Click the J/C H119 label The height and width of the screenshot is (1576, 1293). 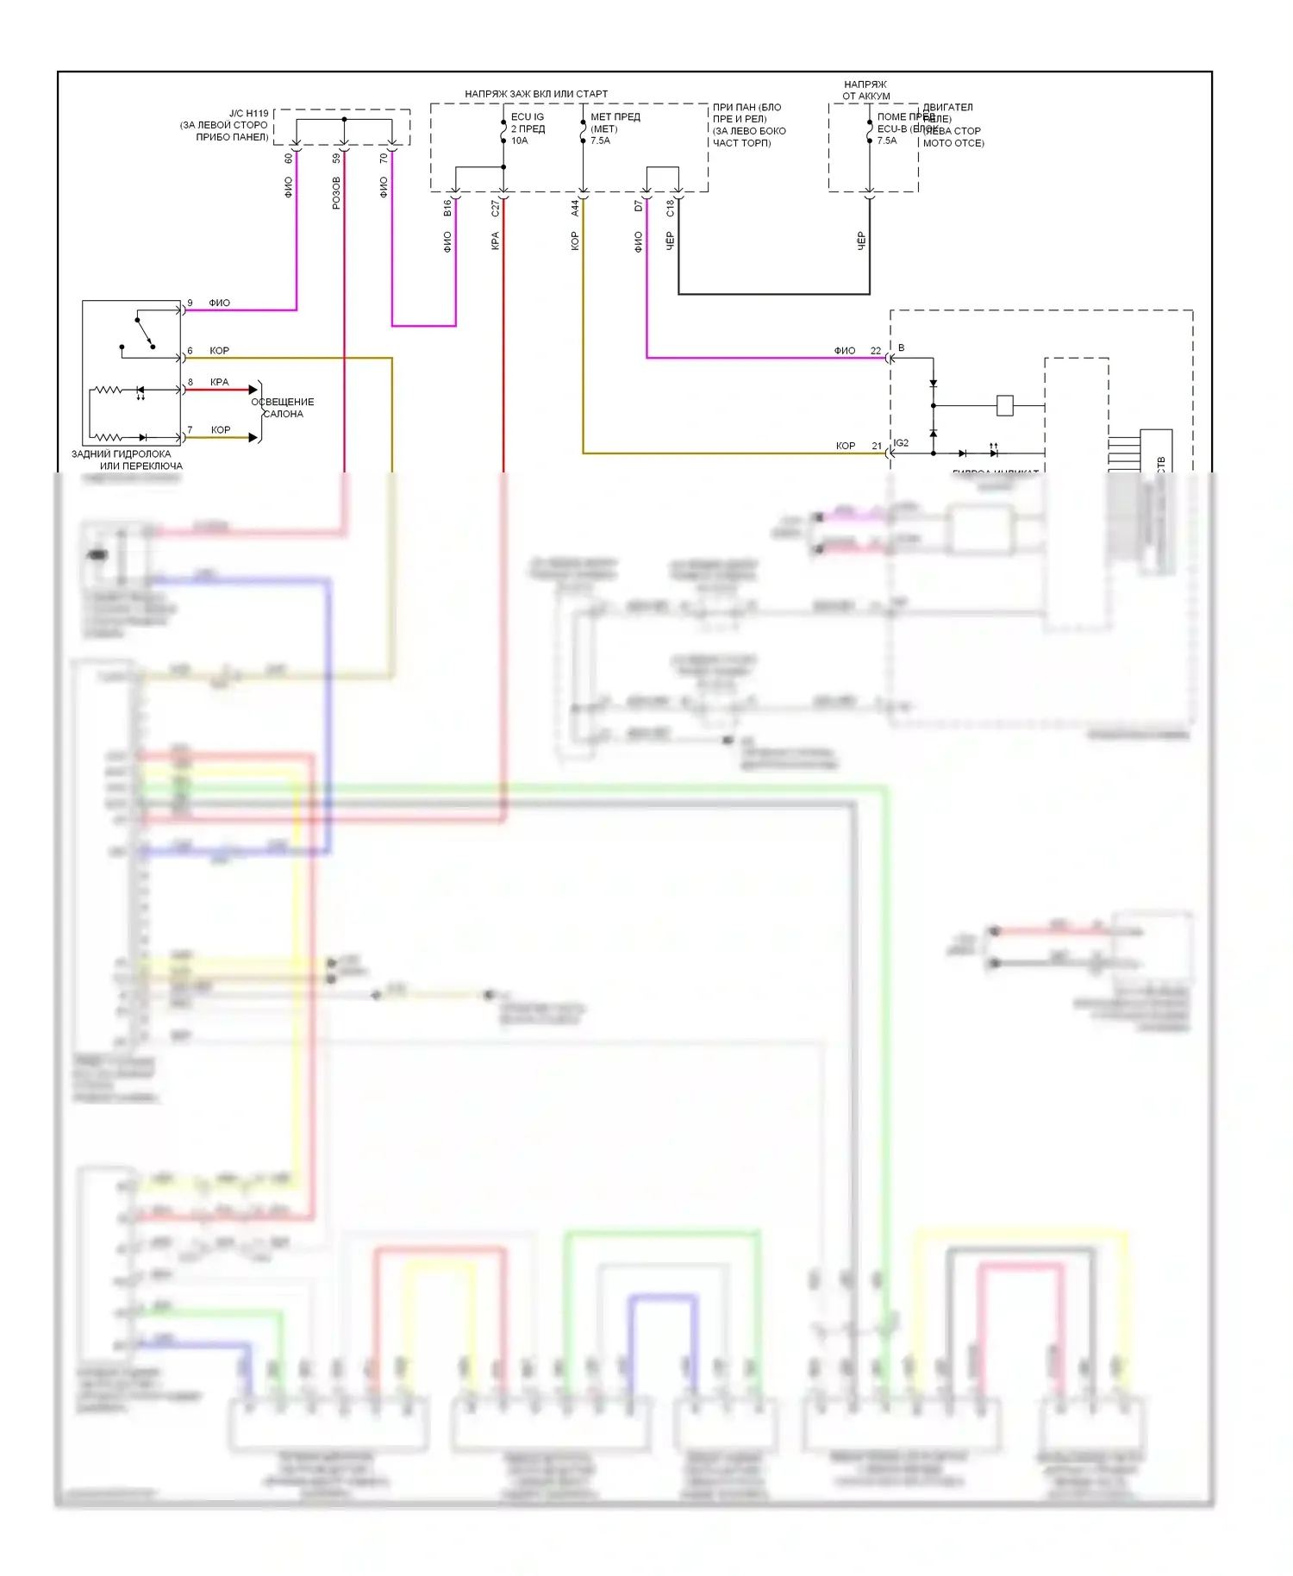click(248, 113)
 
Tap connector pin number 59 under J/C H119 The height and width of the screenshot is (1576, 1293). click(336, 159)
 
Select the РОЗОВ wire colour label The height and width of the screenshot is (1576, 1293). click(336, 192)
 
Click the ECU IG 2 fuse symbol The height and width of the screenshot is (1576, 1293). click(503, 129)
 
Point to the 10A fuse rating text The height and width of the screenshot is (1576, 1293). click(519, 141)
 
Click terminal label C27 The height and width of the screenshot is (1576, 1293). click(495, 208)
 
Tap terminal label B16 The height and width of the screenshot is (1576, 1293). click(447, 208)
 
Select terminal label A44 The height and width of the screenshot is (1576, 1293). click(574, 208)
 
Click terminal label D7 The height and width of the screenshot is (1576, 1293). click(638, 206)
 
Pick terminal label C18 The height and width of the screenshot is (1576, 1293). click(670, 208)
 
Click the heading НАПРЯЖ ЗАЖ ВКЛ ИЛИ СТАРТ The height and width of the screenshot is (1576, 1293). click(535, 93)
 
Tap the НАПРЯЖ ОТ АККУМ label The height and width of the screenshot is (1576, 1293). click(865, 90)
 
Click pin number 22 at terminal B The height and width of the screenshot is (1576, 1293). click(875, 350)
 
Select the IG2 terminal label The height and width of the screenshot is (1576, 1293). click(901, 443)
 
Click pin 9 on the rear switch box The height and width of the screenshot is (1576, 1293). click(190, 303)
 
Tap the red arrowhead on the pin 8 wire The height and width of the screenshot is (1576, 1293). click(253, 390)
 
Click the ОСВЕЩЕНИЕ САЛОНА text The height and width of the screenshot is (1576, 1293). click(283, 408)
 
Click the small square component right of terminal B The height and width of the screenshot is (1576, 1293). click(1004, 405)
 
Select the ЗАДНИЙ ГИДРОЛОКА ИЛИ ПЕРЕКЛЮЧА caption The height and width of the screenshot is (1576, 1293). click(127, 460)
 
